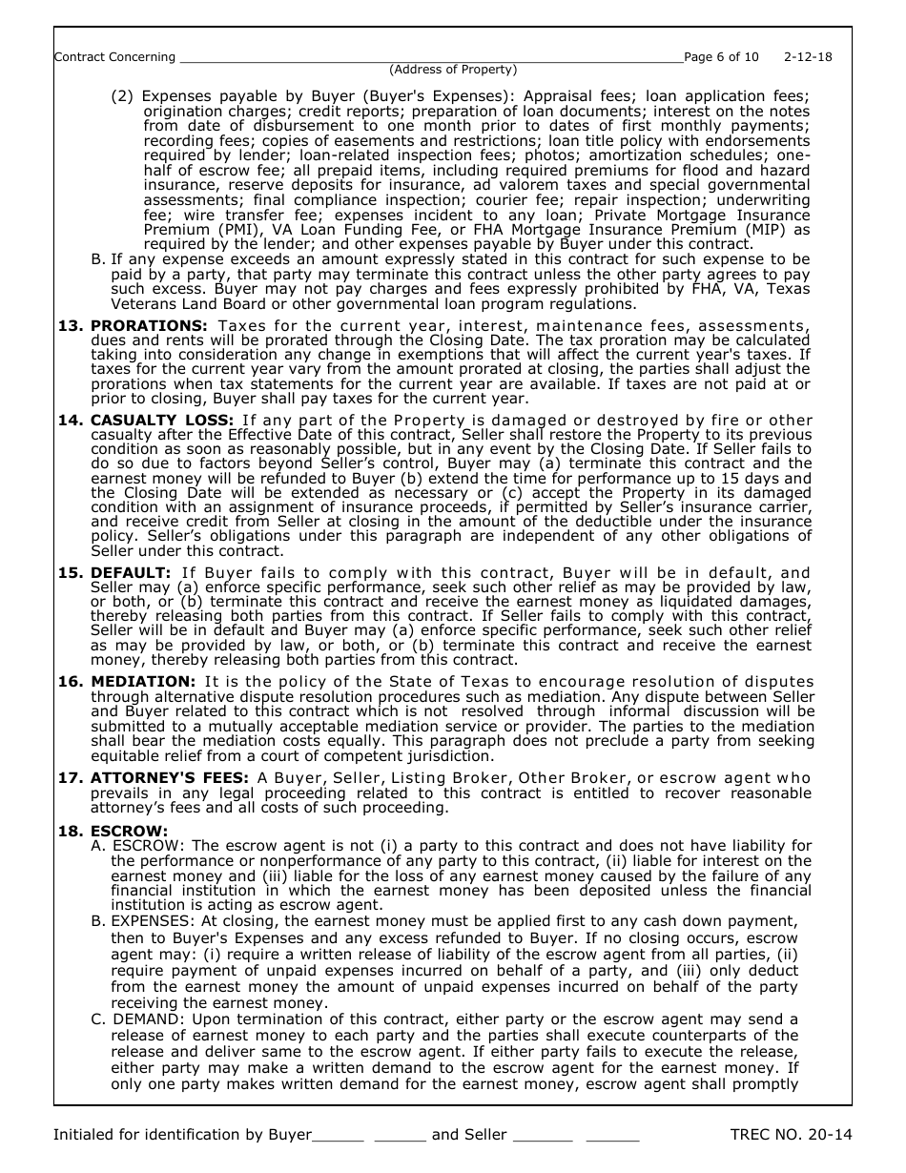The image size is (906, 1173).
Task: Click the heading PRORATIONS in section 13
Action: pyautogui.click(x=149, y=326)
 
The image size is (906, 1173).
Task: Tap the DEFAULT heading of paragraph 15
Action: pyautogui.click(x=131, y=572)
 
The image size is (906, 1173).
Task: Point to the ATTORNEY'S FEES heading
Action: pyautogui.click(x=169, y=778)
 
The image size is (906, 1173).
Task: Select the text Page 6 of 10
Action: pyautogui.click(x=722, y=57)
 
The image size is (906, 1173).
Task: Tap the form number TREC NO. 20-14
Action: pyautogui.click(x=791, y=1135)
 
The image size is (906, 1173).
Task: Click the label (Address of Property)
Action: pyautogui.click(x=453, y=70)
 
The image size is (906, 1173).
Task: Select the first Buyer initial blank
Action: pyautogui.click(x=339, y=1136)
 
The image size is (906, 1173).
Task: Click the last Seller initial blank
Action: pyautogui.click(x=612, y=1136)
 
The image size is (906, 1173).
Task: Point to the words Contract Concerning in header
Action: pyautogui.click(x=115, y=57)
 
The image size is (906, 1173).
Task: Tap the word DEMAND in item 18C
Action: pyautogui.click(x=139, y=1019)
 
